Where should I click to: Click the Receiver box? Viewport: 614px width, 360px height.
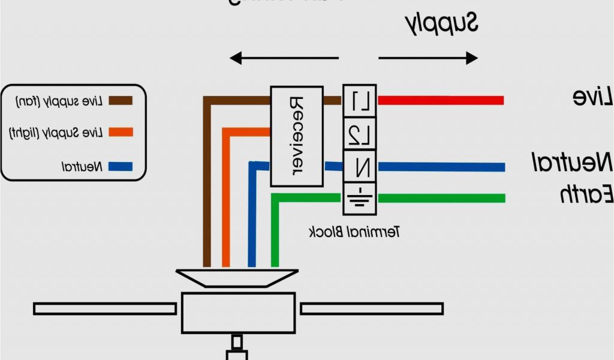pos(297,136)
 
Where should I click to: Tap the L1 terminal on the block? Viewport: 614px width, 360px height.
pos(359,101)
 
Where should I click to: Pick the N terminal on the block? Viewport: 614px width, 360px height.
pos(359,166)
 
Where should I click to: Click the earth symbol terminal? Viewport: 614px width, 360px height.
pos(359,197)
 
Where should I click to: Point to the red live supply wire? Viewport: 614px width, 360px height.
pos(441,100)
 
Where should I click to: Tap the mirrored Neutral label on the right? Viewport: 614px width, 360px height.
pos(573,163)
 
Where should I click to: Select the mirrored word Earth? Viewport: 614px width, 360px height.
pos(586,194)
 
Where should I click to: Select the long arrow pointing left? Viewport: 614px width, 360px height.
pos(284,58)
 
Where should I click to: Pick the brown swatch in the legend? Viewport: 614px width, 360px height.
pos(120,100)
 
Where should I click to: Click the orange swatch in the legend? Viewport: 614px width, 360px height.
pos(120,131)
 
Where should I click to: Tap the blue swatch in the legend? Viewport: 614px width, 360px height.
pos(120,166)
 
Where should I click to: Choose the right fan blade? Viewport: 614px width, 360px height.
pos(371,308)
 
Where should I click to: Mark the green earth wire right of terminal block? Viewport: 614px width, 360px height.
pos(441,198)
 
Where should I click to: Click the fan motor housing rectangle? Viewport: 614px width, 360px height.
pos(238,313)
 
